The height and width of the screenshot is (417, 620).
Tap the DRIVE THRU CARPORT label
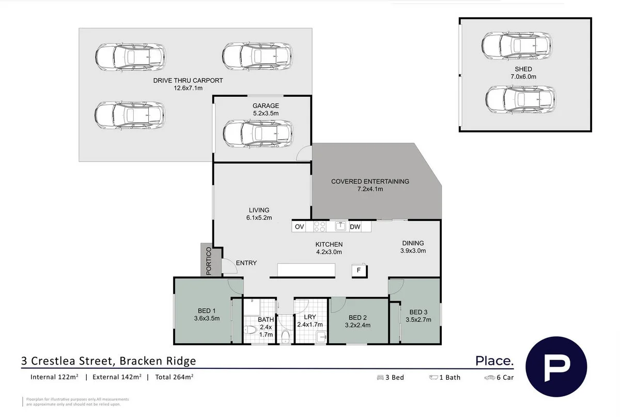click(188, 81)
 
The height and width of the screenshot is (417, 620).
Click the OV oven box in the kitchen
click(299, 227)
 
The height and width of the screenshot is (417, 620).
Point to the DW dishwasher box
click(354, 227)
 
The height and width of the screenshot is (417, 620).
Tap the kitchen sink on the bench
click(340, 226)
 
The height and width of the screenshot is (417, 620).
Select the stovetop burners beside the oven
click(319, 227)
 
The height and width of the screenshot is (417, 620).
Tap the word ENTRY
click(246, 263)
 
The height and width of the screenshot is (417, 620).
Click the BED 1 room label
click(203, 311)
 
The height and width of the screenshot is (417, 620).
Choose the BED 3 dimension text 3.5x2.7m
click(419, 319)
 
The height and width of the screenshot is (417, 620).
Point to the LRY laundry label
click(310, 317)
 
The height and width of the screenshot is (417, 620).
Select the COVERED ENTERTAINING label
click(370, 182)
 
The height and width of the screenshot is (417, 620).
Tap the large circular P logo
click(556, 366)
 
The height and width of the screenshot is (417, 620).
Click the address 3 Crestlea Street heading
click(109, 361)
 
